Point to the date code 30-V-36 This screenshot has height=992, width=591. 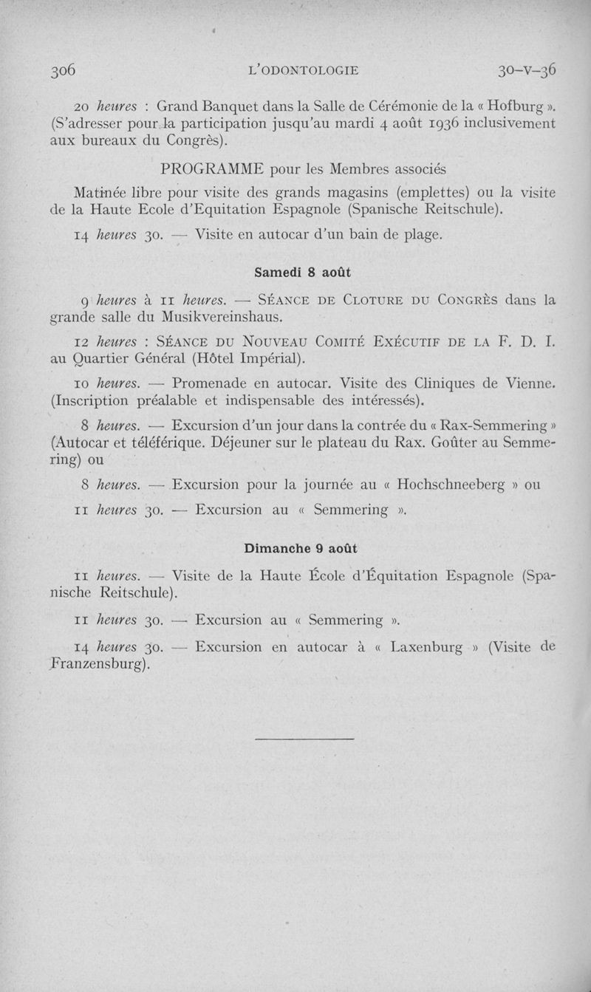pyautogui.click(x=526, y=70)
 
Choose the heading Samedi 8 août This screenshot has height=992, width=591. pyautogui.click(x=301, y=272)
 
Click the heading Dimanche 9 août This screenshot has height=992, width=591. pyautogui.click(x=301, y=548)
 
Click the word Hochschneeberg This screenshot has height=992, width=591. pyautogui.click(x=450, y=485)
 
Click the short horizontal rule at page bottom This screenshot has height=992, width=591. pyautogui.click(x=304, y=737)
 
